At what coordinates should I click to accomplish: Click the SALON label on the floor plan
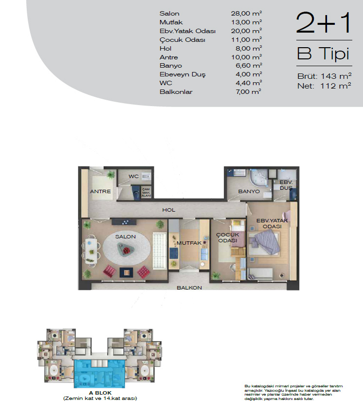pyautogui.click(x=125, y=236)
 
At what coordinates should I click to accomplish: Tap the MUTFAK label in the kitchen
pyautogui.click(x=189, y=243)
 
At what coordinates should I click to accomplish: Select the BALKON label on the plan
pyautogui.click(x=189, y=288)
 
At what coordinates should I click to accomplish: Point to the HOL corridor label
pyautogui.click(x=169, y=210)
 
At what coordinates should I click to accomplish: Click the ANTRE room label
pyautogui.click(x=100, y=191)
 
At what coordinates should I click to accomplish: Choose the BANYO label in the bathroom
pyautogui.click(x=249, y=191)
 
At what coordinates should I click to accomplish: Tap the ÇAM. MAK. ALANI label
pyautogui.click(x=146, y=192)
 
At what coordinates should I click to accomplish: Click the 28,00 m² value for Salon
pyautogui.click(x=246, y=13)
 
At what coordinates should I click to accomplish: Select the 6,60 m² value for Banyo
pyautogui.click(x=249, y=66)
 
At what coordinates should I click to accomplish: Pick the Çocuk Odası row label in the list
pyautogui.click(x=182, y=40)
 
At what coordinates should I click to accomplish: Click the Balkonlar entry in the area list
pyautogui.click(x=176, y=92)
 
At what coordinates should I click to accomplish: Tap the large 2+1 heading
pyautogui.click(x=324, y=23)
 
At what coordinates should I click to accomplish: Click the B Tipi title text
pyautogui.click(x=323, y=54)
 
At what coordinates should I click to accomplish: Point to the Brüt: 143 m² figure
pyautogui.click(x=325, y=76)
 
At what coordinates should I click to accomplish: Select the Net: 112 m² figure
pyautogui.click(x=324, y=86)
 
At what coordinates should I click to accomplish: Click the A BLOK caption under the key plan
pyautogui.click(x=100, y=393)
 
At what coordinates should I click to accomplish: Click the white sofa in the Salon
pyautogui.click(x=160, y=251)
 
